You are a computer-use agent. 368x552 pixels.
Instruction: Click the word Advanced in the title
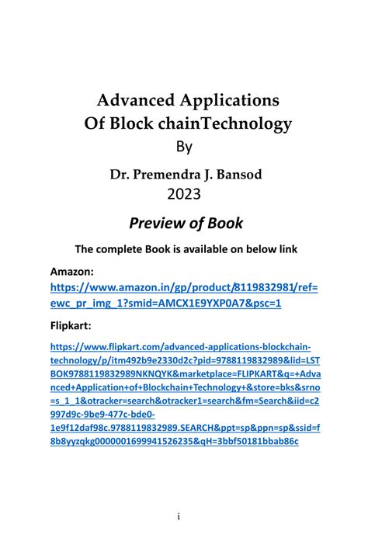click(x=132, y=100)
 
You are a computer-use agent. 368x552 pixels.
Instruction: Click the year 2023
click(x=184, y=194)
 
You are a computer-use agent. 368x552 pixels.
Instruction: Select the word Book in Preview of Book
click(x=224, y=224)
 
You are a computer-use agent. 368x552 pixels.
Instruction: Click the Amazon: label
click(x=73, y=273)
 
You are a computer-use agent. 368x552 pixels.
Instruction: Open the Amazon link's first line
click(x=184, y=289)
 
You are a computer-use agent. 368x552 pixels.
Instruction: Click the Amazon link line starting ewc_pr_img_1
click(x=165, y=303)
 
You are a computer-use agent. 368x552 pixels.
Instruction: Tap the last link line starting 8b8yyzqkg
click(x=174, y=441)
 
